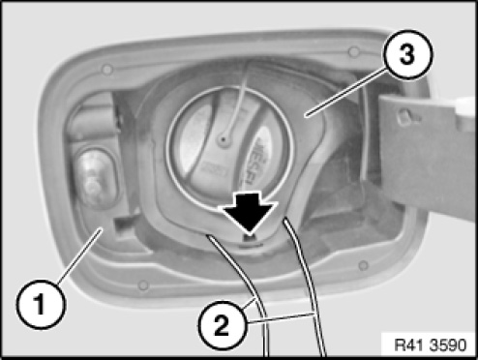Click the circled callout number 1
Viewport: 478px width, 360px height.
click(41, 305)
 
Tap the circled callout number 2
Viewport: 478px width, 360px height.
click(223, 325)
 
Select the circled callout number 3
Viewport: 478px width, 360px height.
click(407, 54)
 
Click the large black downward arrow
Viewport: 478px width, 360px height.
click(249, 211)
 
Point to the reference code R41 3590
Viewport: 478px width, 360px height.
click(431, 345)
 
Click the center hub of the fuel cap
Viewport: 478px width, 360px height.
click(223, 139)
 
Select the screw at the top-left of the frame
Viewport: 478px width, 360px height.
click(106, 69)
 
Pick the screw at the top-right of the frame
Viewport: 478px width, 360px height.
click(353, 51)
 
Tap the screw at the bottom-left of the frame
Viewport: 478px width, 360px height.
click(143, 285)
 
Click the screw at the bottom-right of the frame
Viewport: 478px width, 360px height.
click(364, 265)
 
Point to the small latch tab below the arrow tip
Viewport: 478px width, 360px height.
click(250, 238)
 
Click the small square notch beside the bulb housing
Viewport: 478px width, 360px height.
click(123, 225)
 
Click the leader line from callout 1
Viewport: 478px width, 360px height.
click(79, 255)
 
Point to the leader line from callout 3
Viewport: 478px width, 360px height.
click(346, 92)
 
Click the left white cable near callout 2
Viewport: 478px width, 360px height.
click(244, 284)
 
